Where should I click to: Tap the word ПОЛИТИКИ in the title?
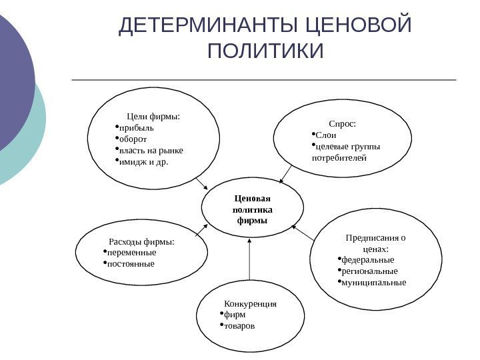coord(265,51)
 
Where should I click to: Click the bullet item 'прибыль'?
coord(136,128)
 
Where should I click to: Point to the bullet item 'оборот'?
coord(134,139)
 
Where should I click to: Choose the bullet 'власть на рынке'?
coord(151,150)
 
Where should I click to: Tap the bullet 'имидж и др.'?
coord(143,161)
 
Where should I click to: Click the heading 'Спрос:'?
coord(343,123)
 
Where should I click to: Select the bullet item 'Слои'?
coord(326,135)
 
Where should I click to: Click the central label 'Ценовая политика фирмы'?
coord(251,209)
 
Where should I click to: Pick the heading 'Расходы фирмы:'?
coord(141,241)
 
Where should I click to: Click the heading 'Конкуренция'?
coord(250,303)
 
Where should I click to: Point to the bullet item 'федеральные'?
coord(367,259)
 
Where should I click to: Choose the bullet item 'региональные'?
coord(369,271)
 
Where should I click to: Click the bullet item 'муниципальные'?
coord(373,282)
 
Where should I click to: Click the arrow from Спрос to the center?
coord(285,174)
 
